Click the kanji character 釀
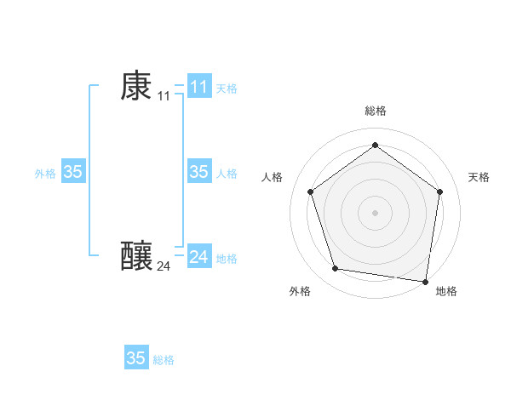[136, 256]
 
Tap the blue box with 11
[199, 87]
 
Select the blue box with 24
[199, 256]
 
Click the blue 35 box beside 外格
[73, 172]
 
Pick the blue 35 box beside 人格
[199, 172]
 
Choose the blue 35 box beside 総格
[136, 358]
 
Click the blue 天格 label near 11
[227, 89]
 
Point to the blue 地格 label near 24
[227, 259]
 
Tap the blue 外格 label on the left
[45, 174]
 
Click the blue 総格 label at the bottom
[164, 360]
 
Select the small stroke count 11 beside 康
[164, 96]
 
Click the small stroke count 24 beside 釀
[164, 266]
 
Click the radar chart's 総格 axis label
[375, 111]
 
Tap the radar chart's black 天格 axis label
[479, 177]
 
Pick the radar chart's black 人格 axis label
[272, 177]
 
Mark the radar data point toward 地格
[426, 281]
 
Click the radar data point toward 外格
[336, 269]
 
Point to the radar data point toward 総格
[375, 145]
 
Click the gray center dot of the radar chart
[375, 212]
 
